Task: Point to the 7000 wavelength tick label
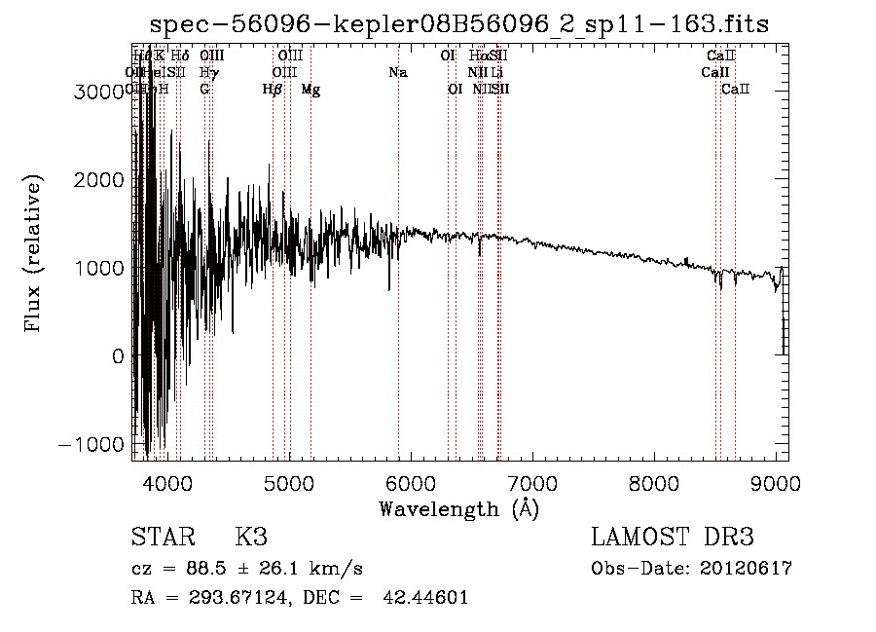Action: tap(532, 482)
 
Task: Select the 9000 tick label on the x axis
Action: tap(776, 482)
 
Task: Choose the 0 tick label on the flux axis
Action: tap(118, 356)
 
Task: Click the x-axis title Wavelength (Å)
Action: tap(458, 507)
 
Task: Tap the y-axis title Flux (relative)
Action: tap(35, 255)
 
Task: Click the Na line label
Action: tap(397, 73)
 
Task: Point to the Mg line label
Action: tap(310, 90)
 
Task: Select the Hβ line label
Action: tap(273, 90)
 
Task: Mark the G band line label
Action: tap(204, 90)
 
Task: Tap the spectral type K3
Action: tap(251, 538)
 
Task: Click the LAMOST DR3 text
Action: tap(673, 538)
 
